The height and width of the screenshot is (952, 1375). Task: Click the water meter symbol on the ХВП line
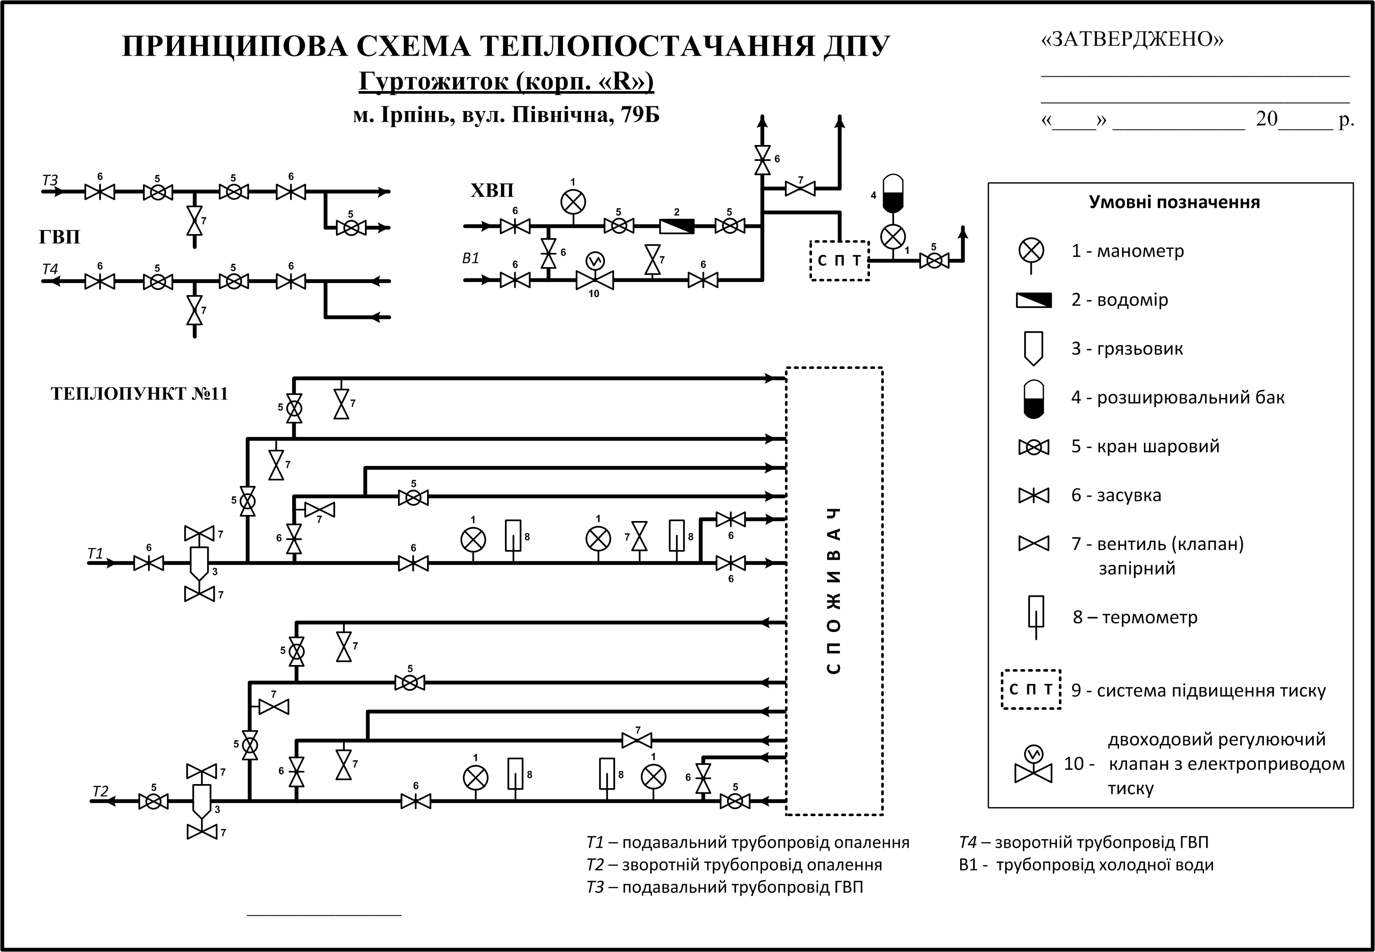(677, 226)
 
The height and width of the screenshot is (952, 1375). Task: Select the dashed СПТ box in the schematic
(839, 260)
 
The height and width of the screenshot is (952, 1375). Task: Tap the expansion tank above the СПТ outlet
(893, 193)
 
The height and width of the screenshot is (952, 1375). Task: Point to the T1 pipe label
(96, 554)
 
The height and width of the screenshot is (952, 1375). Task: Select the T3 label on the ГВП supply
(50, 180)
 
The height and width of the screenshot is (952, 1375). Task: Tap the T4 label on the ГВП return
(50, 269)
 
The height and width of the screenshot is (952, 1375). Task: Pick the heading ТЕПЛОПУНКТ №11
(139, 394)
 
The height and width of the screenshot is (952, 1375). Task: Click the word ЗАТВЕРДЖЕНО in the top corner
(1132, 39)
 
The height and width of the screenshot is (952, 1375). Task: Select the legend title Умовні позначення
(1174, 202)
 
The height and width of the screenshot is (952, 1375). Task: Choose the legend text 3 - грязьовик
(1127, 349)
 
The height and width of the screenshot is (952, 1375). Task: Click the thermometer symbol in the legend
(1035, 616)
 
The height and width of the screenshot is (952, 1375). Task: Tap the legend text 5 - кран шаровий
(1144, 447)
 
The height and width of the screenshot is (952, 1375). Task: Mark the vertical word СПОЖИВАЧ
(834, 591)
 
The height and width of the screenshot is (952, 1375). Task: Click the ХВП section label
(492, 191)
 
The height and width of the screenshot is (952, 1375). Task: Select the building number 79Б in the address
(640, 114)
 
